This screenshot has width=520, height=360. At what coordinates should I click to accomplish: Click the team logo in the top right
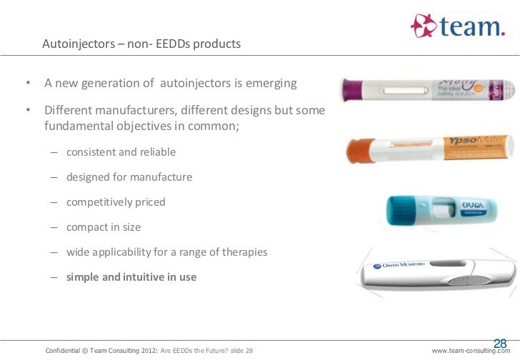458,27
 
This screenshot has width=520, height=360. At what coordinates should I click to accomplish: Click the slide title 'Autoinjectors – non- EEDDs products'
141,44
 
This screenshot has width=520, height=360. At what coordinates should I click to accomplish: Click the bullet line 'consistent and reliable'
121,152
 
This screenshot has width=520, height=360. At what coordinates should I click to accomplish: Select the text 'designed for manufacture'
129,177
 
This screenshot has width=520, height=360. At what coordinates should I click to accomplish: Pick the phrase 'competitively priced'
116,202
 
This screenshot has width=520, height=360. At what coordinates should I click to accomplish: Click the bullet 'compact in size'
104,227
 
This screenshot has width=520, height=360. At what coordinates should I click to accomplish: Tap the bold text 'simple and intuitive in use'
131,277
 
